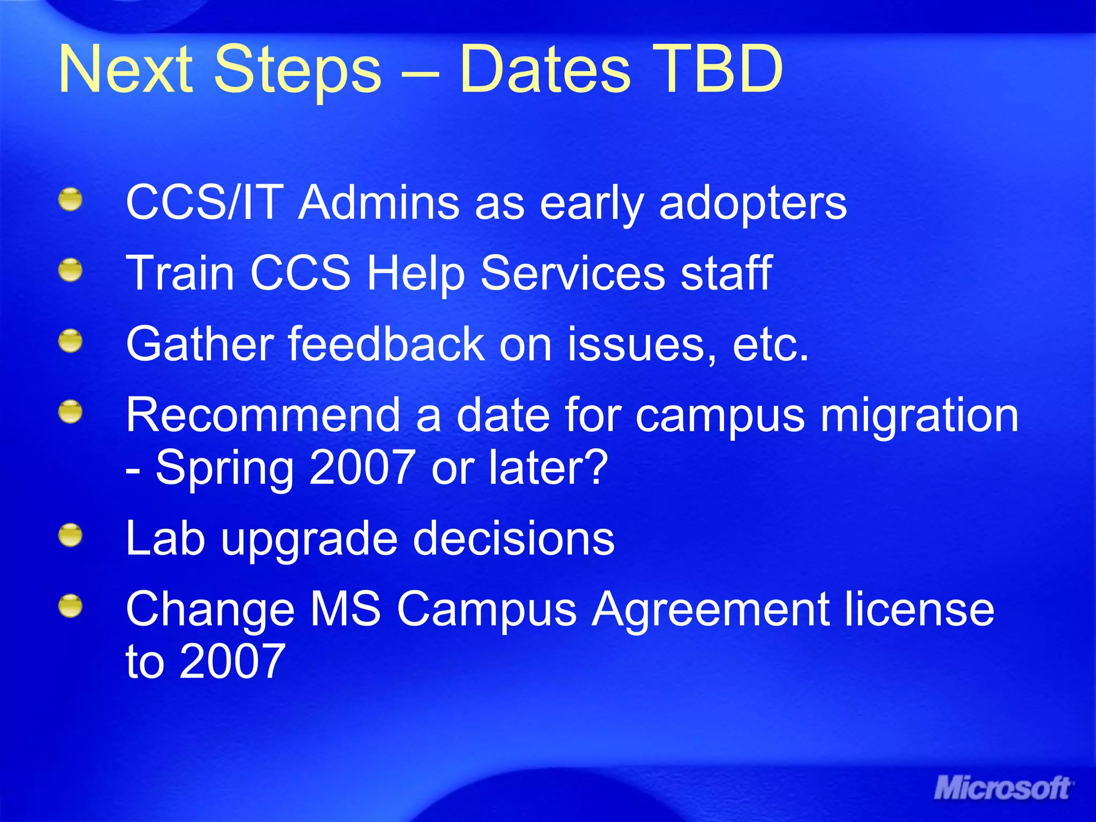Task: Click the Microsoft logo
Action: pyautogui.click(x=1004, y=788)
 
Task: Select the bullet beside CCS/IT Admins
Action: pyautogui.click(x=70, y=200)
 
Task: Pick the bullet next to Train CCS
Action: pyautogui.click(x=70, y=270)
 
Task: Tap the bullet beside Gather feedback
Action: pyautogui.click(x=70, y=341)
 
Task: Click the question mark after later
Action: pyautogui.click(x=596, y=467)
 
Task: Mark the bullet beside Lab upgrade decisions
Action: pyautogui.click(x=70, y=536)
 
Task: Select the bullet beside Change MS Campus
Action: pyautogui.click(x=70, y=606)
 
